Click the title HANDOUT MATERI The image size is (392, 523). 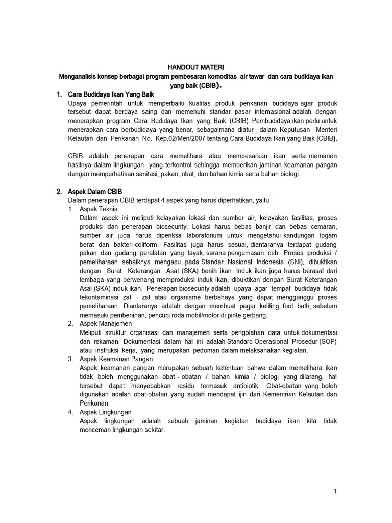[x=196, y=67]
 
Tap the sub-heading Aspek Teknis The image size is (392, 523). [x=99, y=209]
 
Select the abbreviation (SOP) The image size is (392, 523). [x=327, y=342]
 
